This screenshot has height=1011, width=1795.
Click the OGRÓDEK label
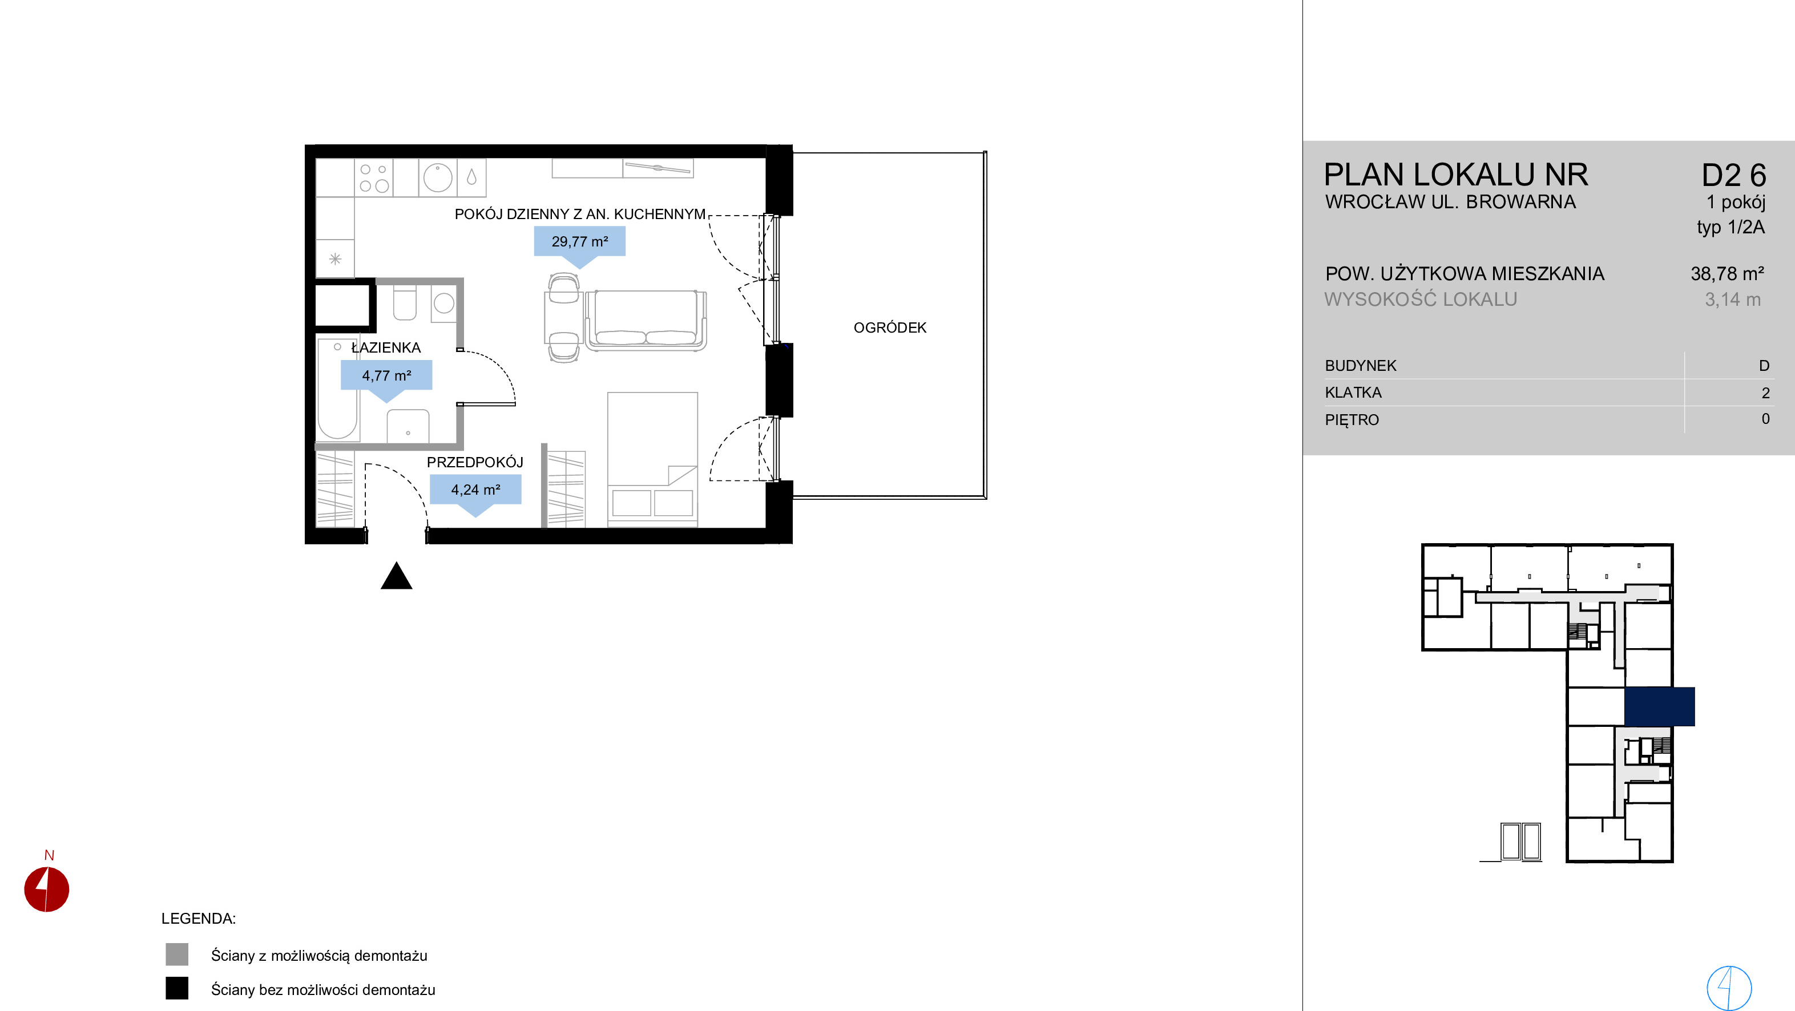coord(890,327)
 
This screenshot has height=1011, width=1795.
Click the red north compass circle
coord(47,889)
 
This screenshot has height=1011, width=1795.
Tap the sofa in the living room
coord(646,320)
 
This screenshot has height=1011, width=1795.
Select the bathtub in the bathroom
coord(338,390)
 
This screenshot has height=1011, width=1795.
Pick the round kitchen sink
coord(438,177)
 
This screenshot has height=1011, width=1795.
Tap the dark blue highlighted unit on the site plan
coord(1659,706)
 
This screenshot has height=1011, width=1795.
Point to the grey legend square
coord(177,955)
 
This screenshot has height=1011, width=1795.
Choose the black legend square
coord(177,988)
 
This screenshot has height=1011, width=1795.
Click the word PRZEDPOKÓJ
coord(474,462)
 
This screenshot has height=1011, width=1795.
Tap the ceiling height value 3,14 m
coord(1732,300)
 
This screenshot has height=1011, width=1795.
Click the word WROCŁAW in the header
coord(1366,201)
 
